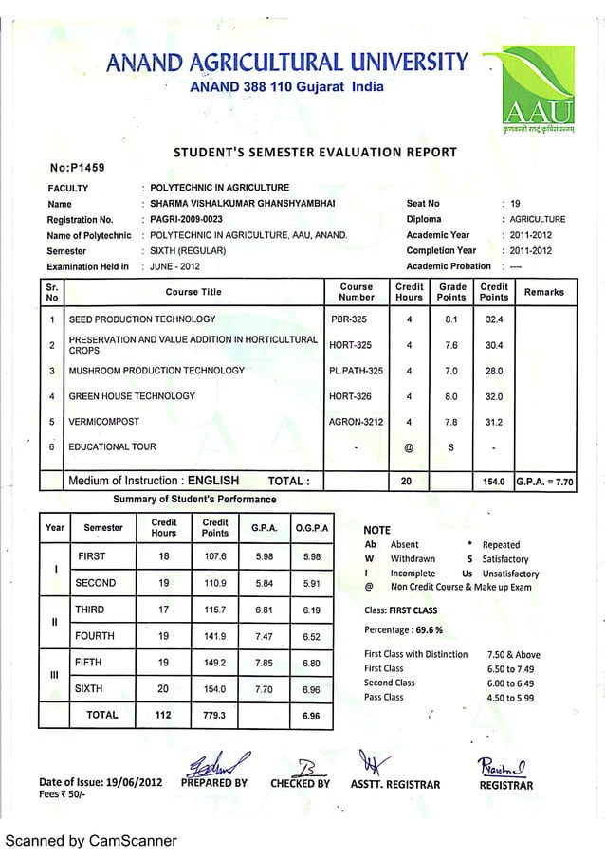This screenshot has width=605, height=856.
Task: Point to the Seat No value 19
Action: pyautogui.click(x=516, y=203)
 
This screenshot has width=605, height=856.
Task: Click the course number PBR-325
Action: pyautogui.click(x=348, y=319)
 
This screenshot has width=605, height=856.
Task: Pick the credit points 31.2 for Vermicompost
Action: pyautogui.click(x=494, y=422)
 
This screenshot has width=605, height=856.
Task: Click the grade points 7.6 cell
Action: pyautogui.click(x=452, y=345)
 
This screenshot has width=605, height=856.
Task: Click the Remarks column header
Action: pyautogui.click(x=545, y=293)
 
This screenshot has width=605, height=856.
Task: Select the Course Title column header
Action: pyautogui.click(x=192, y=293)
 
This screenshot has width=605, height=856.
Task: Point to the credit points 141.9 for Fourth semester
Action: pyautogui.click(x=215, y=636)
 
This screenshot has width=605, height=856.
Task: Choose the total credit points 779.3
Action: pyautogui.click(x=215, y=716)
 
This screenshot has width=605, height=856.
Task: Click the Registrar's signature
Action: pyautogui.click(x=505, y=768)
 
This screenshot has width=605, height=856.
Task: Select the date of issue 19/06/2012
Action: pyautogui.click(x=135, y=783)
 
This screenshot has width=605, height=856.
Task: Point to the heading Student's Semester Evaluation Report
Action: pyautogui.click(x=316, y=152)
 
